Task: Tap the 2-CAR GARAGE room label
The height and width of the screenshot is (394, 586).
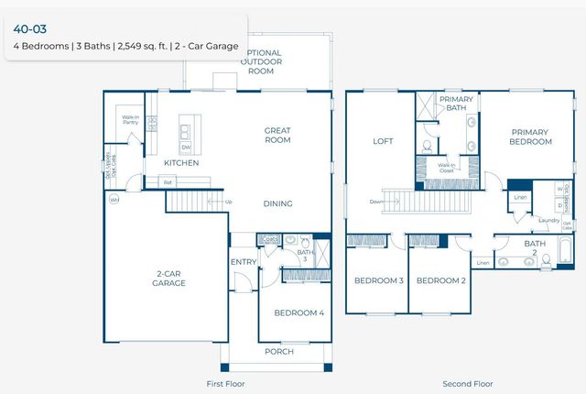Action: pos(169,279)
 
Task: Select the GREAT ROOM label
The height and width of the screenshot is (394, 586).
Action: pos(277,135)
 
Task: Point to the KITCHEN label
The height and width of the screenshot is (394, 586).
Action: pos(181,163)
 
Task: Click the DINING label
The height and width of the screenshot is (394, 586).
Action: pos(278,203)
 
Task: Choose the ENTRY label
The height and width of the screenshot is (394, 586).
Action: pos(244,262)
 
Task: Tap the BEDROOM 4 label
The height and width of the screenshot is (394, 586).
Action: pos(298,312)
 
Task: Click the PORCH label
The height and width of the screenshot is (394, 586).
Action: pos(279,351)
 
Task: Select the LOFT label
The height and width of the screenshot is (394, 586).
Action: pos(383,141)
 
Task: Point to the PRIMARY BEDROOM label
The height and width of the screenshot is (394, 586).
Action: pos(531,137)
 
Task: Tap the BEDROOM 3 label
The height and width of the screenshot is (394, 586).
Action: pos(378,280)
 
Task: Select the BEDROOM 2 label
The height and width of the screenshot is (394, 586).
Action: pos(441,280)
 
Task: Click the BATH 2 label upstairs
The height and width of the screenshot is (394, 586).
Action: pos(534,247)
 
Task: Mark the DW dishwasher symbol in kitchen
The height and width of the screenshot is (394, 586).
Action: pos(187,147)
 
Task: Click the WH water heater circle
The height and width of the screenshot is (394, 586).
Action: pos(114,199)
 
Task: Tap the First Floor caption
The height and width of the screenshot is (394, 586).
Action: pos(225,383)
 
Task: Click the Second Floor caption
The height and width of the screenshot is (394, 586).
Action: pos(467,383)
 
